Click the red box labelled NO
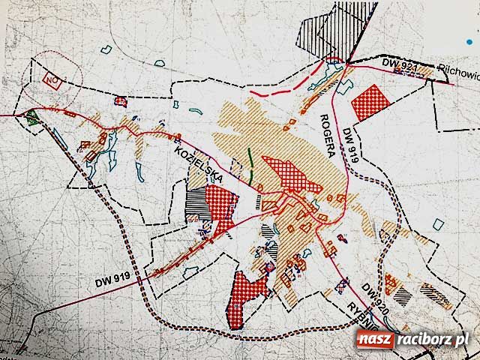point(52,78)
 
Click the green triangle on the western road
point(31,116)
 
